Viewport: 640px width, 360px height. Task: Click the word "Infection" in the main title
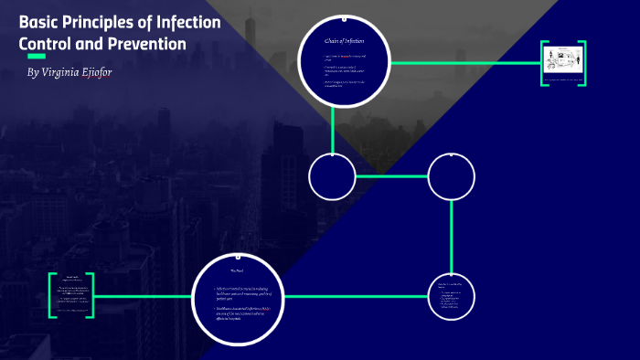click(x=188, y=22)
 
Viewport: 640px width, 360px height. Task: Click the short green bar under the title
click(x=37, y=57)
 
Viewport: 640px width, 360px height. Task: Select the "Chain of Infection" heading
click(x=345, y=40)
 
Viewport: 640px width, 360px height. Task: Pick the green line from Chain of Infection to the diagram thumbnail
click(x=466, y=63)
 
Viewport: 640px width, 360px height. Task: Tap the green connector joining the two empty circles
click(x=391, y=176)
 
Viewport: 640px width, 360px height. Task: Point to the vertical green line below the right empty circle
click(x=452, y=236)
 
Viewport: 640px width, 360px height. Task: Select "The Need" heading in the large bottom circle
click(x=236, y=270)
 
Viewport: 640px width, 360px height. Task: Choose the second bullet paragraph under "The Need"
click(x=242, y=316)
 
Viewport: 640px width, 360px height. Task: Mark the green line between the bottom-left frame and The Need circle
click(x=144, y=297)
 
